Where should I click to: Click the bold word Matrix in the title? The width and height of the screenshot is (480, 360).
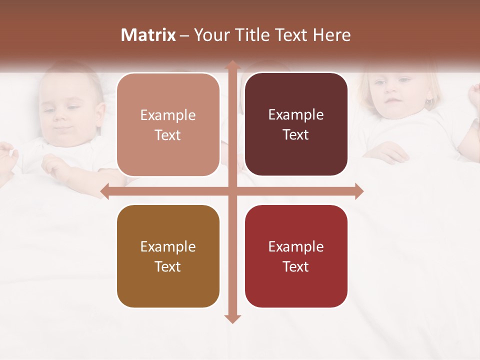(x=148, y=35)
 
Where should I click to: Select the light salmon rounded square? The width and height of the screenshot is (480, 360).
(x=168, y=124)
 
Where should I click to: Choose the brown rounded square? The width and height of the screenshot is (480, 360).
(x=168, y=256)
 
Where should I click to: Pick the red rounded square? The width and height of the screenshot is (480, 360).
(x=296, y=256)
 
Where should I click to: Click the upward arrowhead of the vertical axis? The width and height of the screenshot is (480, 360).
(x=232, y=65)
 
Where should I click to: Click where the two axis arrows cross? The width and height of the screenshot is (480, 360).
(x=232, y=191)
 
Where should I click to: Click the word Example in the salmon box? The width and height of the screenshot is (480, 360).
(x=168, y=115)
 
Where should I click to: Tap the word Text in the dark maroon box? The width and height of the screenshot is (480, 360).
(x=296, y=135)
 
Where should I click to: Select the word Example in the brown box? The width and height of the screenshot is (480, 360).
(x=168, y=247)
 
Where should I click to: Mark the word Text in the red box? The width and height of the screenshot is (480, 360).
(x=296, y=266)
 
